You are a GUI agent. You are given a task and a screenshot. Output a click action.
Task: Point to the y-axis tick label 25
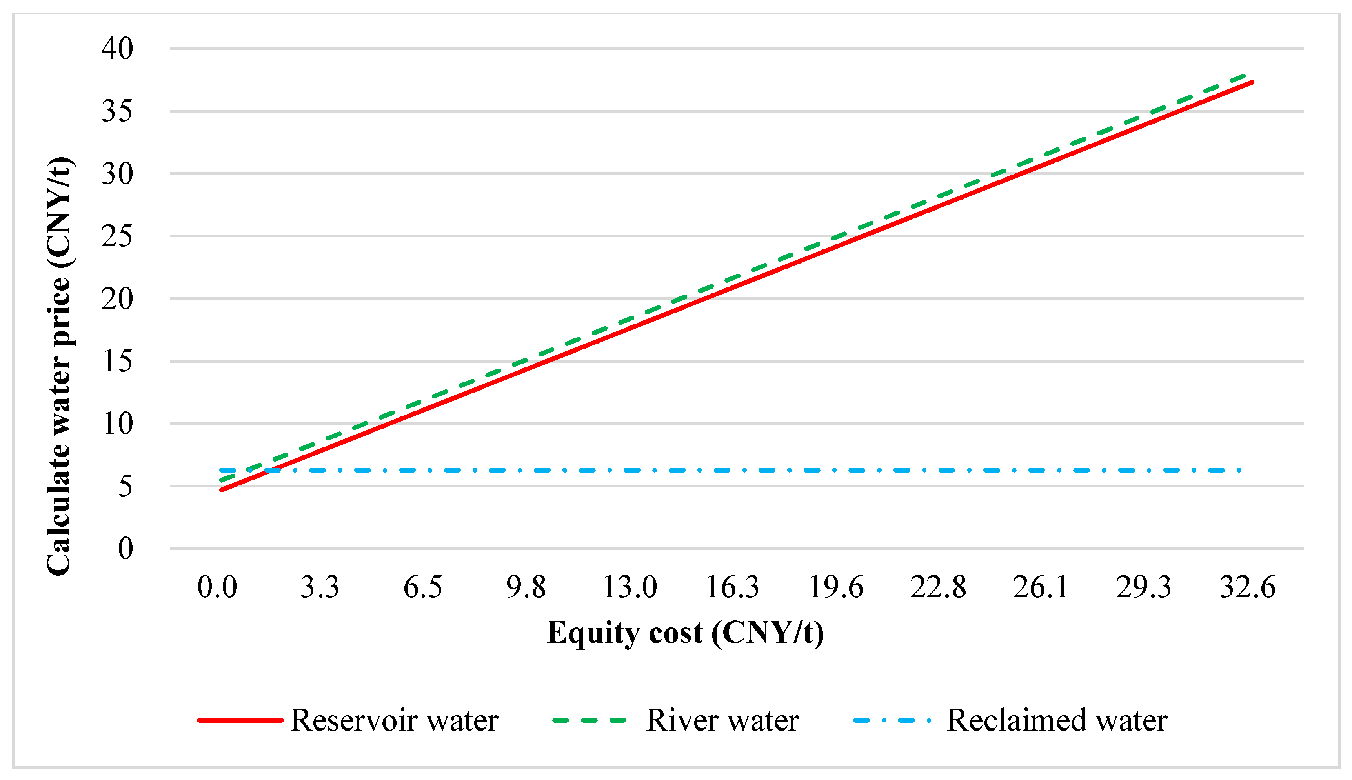click(x=117, y=236)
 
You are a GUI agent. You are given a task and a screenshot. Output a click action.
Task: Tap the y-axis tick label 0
click(x=126, y=549)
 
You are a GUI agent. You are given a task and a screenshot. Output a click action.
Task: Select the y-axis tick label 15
click(x=117, y=361)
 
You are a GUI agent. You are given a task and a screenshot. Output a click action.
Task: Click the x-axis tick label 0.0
click(x=217, y=587)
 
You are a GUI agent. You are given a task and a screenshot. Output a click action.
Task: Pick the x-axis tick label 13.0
click(x=630, y=587)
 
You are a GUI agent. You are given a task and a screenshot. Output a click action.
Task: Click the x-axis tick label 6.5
click(x=423, y=587)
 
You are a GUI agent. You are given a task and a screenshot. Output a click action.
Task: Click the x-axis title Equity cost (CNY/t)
click(x=685, y=633)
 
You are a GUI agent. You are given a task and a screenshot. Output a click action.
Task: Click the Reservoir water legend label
click(x=394, y=720)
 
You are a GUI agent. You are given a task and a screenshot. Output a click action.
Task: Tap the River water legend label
click(x=722, y=720)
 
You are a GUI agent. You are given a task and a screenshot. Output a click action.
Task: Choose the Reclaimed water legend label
click(x=1057, y=720)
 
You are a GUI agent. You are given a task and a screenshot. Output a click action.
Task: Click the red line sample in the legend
click(x=240, y=720)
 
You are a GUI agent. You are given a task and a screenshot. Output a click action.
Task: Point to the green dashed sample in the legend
click(x=589, y=720)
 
